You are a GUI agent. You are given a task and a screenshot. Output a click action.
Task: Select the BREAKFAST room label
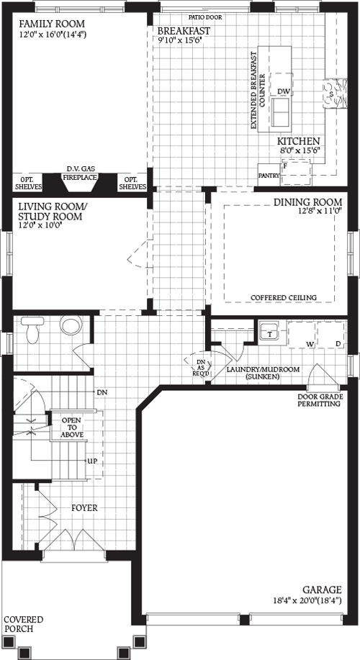tap(184, 31)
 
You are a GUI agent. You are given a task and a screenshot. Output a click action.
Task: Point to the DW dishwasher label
tap(283, 91)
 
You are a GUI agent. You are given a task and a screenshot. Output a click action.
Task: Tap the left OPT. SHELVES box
tap(29, 183)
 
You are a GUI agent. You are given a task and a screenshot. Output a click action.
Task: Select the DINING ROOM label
tap(307, 202)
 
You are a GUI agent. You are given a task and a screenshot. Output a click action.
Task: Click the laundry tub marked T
tap(270, 333)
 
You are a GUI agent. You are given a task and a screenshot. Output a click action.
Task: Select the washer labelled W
tap(311, 344)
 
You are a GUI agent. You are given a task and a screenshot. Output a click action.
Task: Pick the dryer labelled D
tap(338, 344)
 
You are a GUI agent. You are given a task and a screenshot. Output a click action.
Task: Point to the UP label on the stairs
tap(91, 461)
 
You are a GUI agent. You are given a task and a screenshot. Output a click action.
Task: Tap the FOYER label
tap(84, 507)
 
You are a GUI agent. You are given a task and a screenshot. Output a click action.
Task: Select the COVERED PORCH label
tap(23, 624)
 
